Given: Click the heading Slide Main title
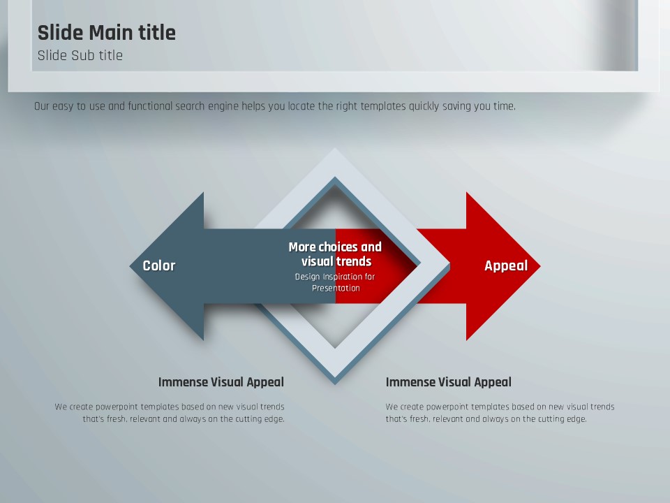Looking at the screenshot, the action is pyautogui.click(x=106, y=33).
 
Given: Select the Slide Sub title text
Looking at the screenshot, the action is pyautogui.click(x=80, y=56).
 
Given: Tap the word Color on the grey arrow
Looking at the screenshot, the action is pyautogui.click(x=159, y=265).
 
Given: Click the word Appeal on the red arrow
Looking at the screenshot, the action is pyautogui.click(x=506, y=266).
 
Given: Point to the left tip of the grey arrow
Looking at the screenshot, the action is pyautogui.click(x=130, y=266).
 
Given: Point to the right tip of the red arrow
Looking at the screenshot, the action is pyautogui.click(x=540, y=266).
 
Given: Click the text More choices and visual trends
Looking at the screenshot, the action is pyautogui.click(x=336, y=254).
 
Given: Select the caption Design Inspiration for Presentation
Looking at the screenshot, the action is pyautogui.click(x=336, y=282).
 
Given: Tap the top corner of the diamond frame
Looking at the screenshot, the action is pyautogui.click(x=335, y=149).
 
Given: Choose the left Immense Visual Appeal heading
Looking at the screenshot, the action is pyautogui.click(x=221, y=382).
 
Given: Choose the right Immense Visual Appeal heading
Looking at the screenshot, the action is pyautogui.click(x=448, y=382).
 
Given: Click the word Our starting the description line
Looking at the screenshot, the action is pyautogui.click(x=41, y=106).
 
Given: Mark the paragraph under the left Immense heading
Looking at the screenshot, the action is pyautogui.click(x=170, y=413).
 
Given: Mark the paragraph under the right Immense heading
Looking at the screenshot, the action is pyautogui.click(x=500, y=413).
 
